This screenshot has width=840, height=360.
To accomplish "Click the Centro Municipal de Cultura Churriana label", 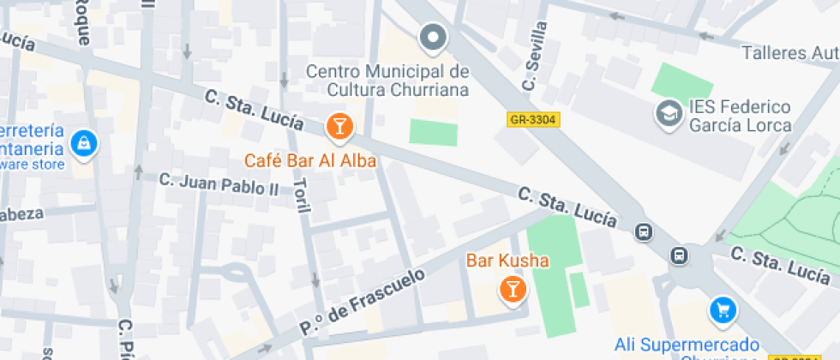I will (387, 79).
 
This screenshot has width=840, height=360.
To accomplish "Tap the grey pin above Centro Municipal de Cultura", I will (433, 38).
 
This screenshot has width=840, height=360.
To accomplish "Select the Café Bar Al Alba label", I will (310, 160).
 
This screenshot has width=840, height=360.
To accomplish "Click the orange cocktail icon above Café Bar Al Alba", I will (339, 128).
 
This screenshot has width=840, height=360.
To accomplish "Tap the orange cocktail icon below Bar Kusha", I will (512, 289).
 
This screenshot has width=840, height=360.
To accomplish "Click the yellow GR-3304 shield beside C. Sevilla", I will (532, 121).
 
